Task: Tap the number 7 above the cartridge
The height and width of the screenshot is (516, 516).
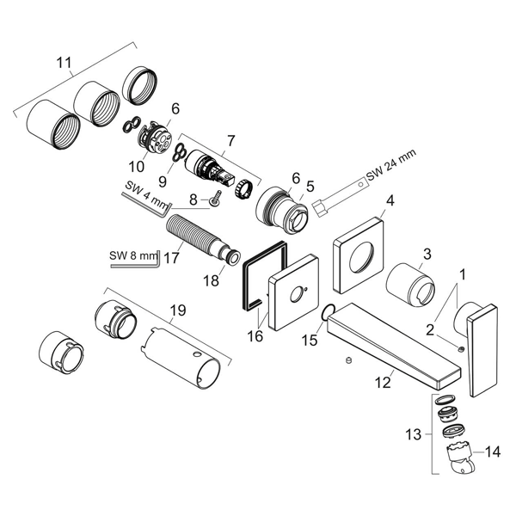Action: (230, 138)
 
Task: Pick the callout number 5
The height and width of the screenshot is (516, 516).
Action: (310, 185)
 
